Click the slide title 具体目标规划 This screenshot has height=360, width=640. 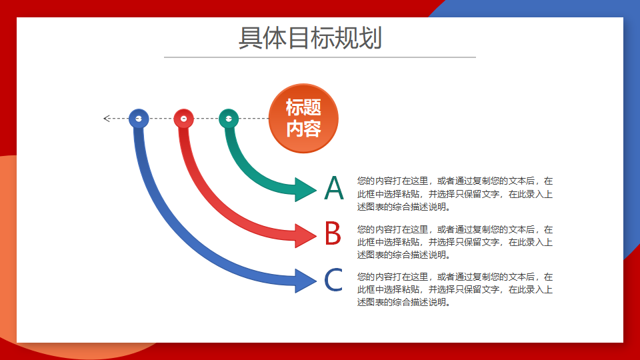pyautogui.click(x=310, y=38)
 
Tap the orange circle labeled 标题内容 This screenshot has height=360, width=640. pyautogui.click(x=303, y=119)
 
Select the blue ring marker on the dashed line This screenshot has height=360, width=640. pyautogui.click(x=139, y=119)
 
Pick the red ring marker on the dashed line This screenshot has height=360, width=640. pyautogui.click(x=184, y=119)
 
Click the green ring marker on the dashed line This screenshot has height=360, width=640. pyautogui.click(x=229, y=119)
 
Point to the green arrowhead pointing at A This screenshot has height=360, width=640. pyautogui.click(x=305, y=190)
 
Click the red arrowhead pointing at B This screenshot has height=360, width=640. pyautogui.click(x=305, y=235)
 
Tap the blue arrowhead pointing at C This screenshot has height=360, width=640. pyautogui.click(x=305, y=281)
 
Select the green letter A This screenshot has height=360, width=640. pyautogui.click(x=334, y=188)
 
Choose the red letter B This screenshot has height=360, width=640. pyautogui.click(x=333, y=233)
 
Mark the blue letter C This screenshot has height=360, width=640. pyautogui.click(x=333, y=280)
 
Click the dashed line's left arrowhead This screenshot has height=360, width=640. pyautogui.click(x=107, y=119)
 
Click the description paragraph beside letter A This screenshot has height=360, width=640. pyautogui.click(x=455, y=194)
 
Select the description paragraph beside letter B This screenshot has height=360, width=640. pyautogui.click(x=455, y=242)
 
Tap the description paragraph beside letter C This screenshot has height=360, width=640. pyautogui.click(x=455, y=289)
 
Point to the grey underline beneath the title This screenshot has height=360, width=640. pyautogui.click(x=320, y=57)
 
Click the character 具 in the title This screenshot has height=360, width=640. pyautogui.click(x=250, y=38)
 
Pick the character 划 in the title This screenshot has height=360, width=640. pyautogui.click(x=370, y=38)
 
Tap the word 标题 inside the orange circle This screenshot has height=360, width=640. pyautogui.click(x=303, y=108)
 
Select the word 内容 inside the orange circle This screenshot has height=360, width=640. pyautogui.click(x=303, y=129)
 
